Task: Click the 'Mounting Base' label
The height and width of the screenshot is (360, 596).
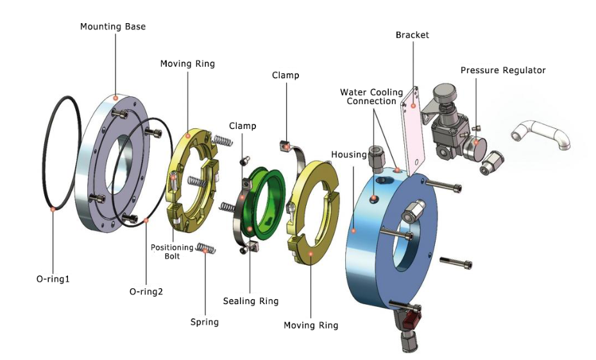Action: (x=113, y=26)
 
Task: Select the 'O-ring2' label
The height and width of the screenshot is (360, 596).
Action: (x=146, y=291)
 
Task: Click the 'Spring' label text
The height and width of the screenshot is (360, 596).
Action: (x=205, y=321)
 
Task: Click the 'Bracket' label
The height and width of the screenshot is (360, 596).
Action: (x=412, y=35)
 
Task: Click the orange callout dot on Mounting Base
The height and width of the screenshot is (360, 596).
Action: (x=115, y=98)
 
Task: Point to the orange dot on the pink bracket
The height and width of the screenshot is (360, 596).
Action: (x=415, y=106)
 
